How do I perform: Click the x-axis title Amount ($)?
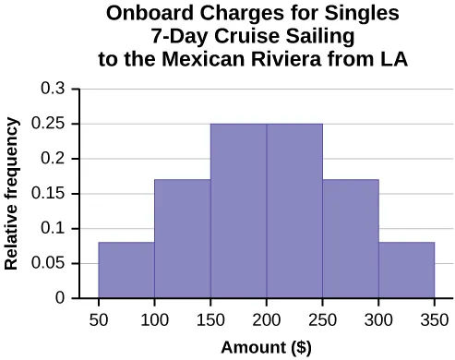tap(267, 347)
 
